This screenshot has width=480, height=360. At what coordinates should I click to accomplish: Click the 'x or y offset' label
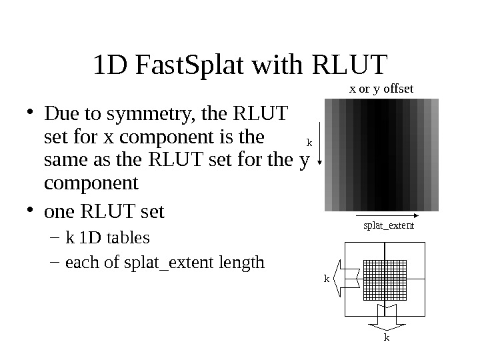pyautogui.click(x=382, y=88)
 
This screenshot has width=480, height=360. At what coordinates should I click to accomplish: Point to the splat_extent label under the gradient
pyautogui.click(x=389, y=225)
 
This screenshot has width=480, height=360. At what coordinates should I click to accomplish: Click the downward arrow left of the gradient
pyautogui.click(x=321, y=133)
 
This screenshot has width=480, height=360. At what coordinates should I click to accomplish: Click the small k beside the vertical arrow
pyautogui.click(x=309, y=141)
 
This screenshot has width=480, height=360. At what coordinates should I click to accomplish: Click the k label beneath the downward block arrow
pyautogui.click(x=386, y=338)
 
